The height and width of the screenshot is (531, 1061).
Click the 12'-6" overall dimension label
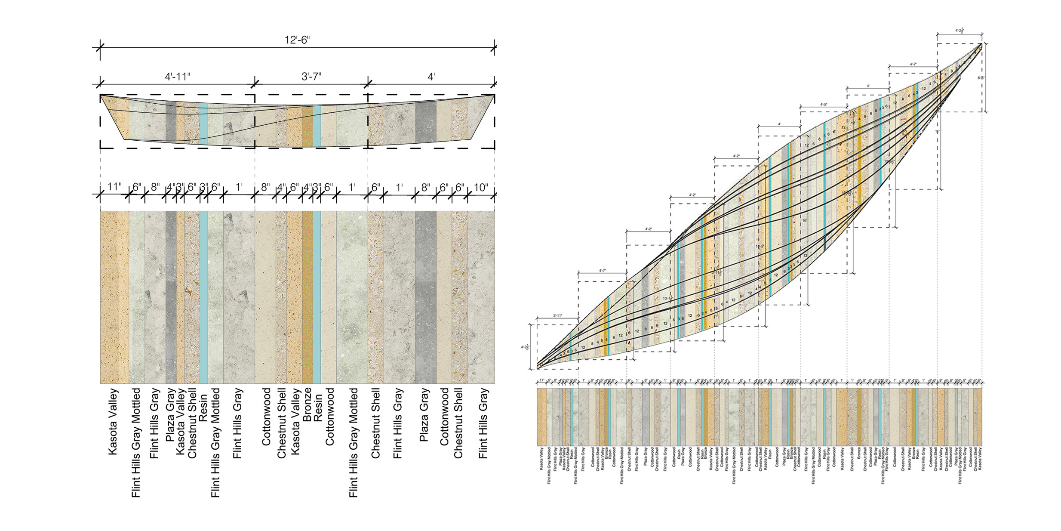pos(297,40)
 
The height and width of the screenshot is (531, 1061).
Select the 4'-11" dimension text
pos(178,77)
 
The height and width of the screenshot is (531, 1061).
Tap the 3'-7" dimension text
pos(311,77)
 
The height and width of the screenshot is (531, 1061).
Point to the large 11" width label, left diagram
pos(114,187)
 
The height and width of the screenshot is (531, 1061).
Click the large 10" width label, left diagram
pos(481,187)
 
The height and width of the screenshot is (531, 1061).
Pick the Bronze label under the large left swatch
pos(307,398)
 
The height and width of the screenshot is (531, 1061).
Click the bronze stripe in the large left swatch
pos(307,297)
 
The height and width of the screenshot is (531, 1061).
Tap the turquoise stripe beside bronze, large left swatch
pos(317,297)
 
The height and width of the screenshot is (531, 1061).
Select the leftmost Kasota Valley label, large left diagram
pos(113,421)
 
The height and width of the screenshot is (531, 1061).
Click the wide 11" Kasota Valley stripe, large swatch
pos(114,297)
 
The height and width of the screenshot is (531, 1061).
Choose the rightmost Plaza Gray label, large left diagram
pos(424,415)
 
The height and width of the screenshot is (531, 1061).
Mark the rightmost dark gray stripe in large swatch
pos(425,297)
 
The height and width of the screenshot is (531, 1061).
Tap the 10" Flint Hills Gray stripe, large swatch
pos(481,297)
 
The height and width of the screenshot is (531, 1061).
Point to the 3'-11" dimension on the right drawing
pos(557,315)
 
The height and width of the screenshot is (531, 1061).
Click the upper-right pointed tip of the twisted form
pos(981,44)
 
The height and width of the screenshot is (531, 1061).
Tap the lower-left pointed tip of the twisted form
pos(538,368)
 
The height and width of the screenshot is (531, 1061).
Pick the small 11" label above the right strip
pos(542,380)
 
